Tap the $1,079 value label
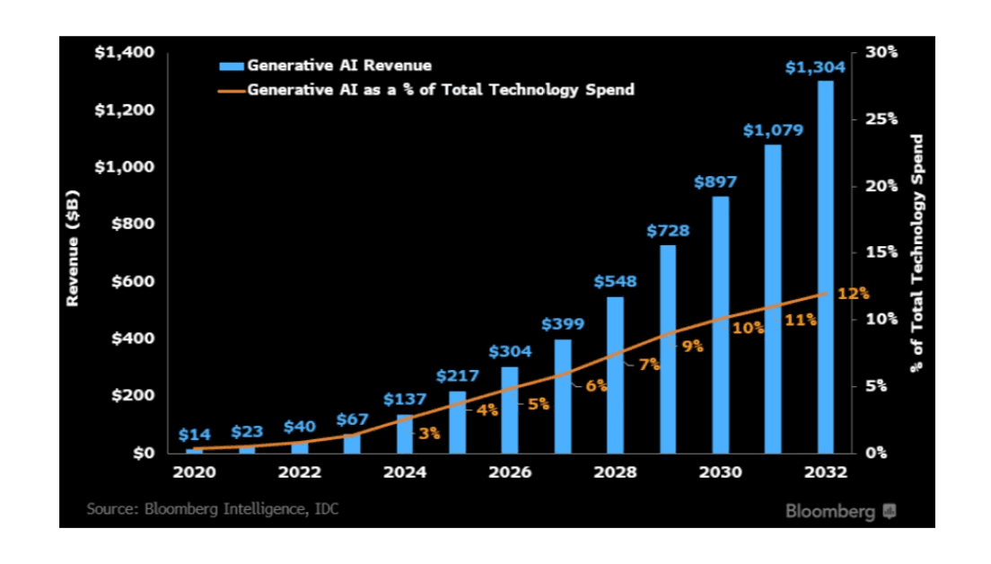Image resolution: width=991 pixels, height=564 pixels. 773,130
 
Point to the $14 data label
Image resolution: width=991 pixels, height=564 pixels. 194,436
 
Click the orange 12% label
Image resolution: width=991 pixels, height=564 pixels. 854,293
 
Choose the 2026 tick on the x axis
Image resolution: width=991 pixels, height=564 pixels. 510,472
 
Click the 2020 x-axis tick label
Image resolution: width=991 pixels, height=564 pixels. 195,472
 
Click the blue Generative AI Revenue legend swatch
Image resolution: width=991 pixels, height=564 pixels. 232,65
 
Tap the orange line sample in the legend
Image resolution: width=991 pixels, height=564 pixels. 232,89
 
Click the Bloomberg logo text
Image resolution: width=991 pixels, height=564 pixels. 830,511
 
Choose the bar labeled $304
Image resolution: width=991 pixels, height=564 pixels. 510,410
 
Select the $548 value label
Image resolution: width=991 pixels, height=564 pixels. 615,281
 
